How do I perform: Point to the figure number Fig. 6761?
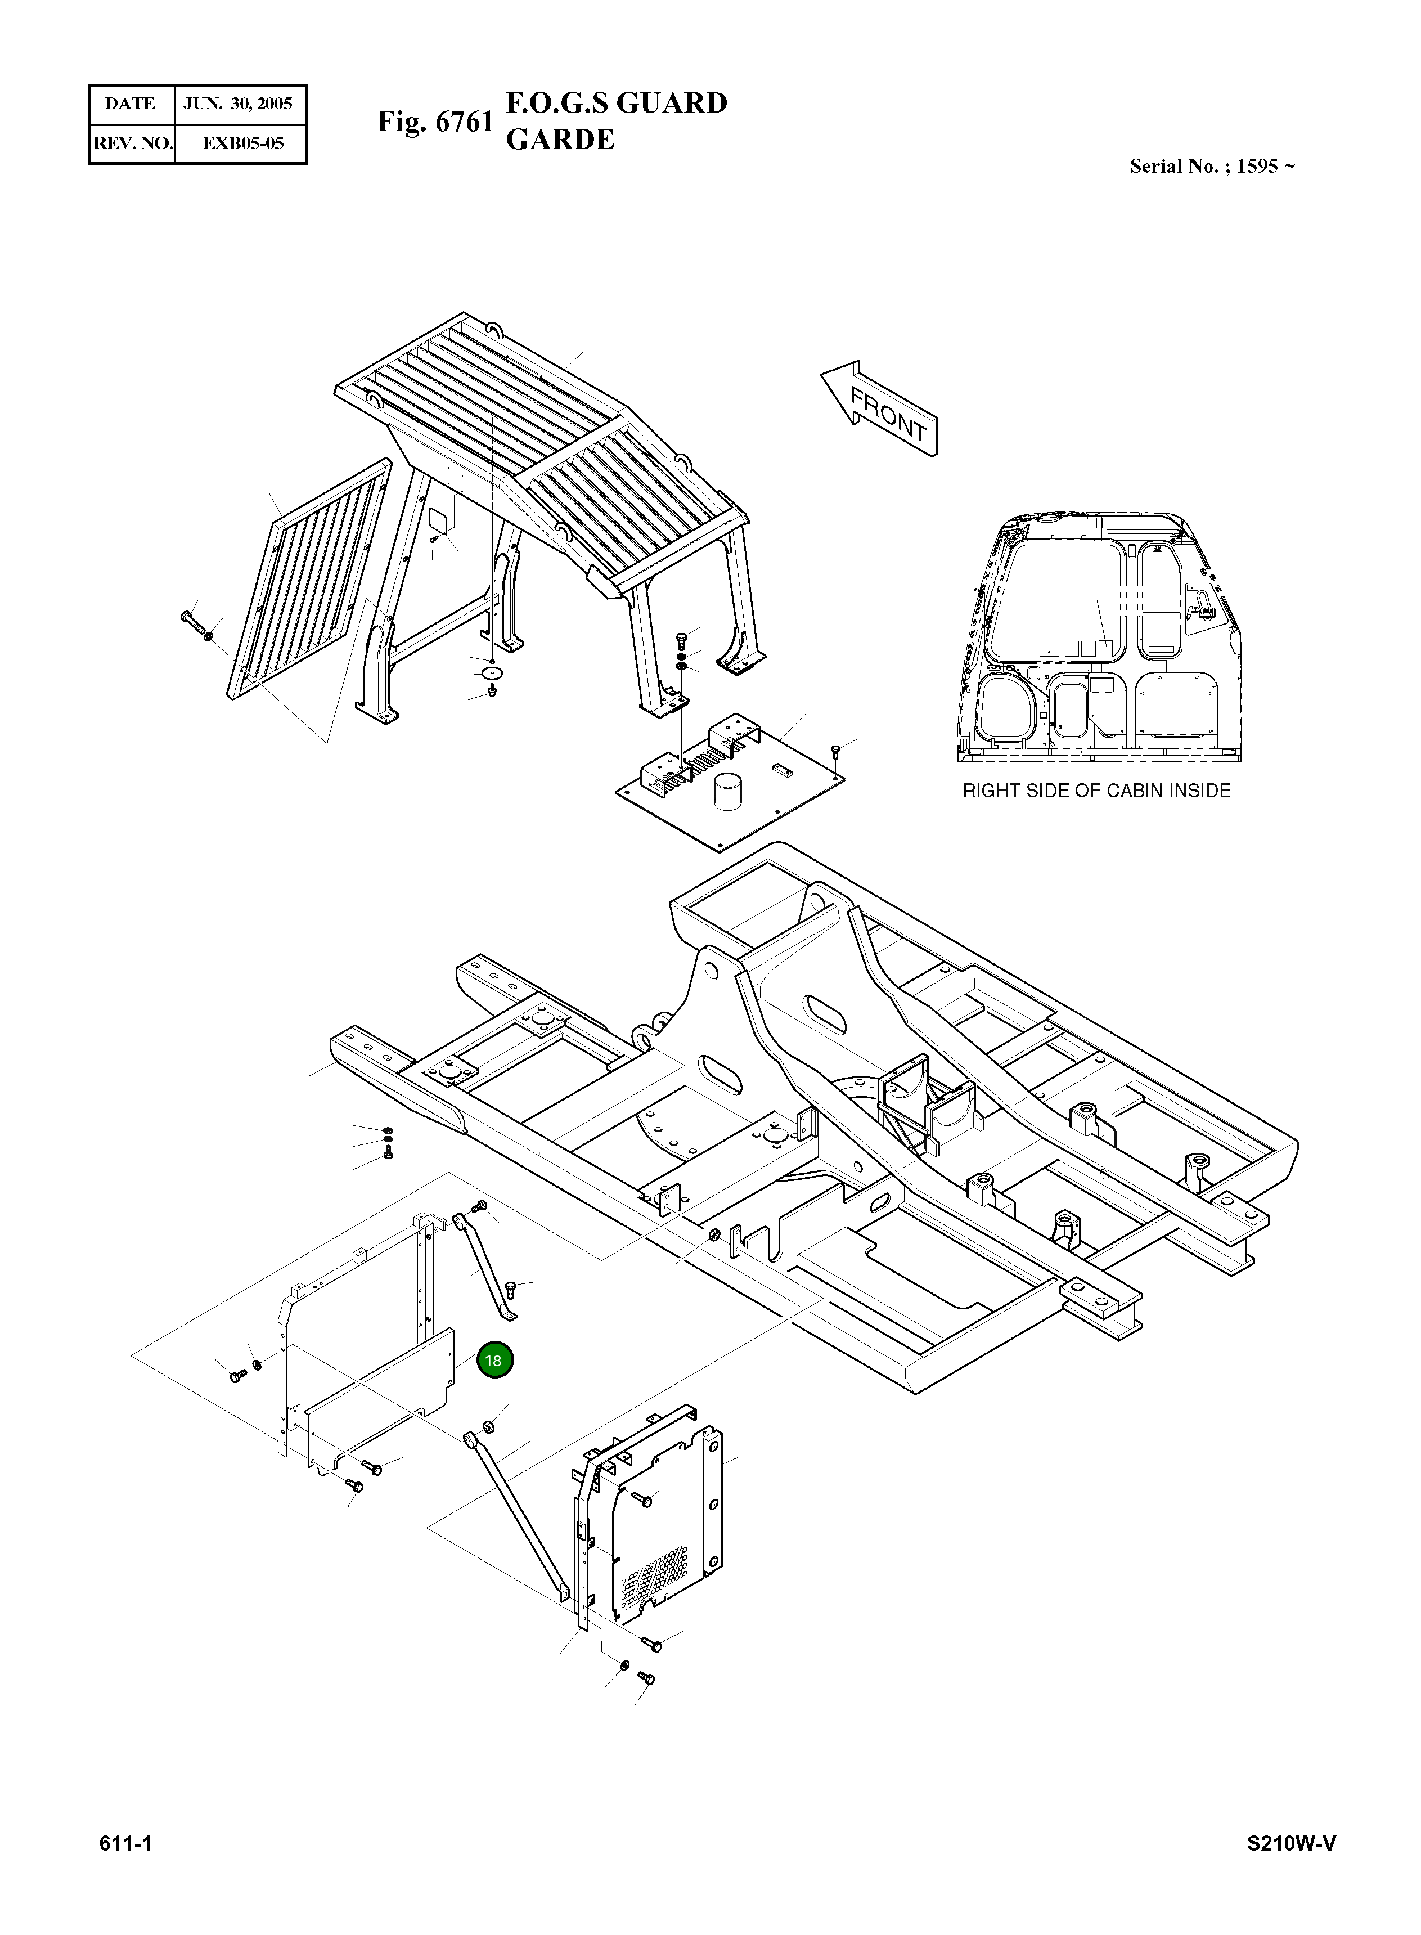coord(435,122)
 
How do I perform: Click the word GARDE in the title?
coord(560,140)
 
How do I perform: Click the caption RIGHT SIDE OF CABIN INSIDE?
coord(1096,791)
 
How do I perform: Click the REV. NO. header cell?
coord(132,143)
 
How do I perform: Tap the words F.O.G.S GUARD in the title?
coord(616,103)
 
